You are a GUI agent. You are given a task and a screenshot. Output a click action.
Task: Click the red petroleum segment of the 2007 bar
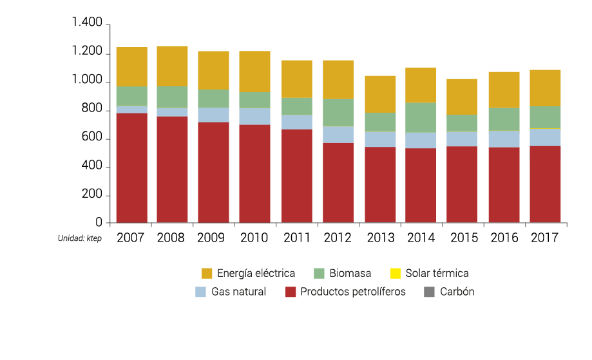tap(131, 168)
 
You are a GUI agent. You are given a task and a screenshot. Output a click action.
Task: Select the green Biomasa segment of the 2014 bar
tap(421, 117)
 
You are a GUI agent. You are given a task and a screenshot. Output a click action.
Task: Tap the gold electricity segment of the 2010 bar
tap(254, 71)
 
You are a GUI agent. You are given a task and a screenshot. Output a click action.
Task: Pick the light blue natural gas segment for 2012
tap(338, 134)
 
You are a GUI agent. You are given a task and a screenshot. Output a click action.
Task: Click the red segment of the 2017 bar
tap(545, 184)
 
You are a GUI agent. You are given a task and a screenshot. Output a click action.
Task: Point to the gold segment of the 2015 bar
tap(462, 97)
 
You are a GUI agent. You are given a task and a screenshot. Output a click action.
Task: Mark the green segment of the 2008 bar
tap(172, 97)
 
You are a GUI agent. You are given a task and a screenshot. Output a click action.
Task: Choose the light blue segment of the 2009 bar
tap(213, 115)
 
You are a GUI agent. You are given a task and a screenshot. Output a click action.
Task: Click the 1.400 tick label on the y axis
tap(87, 24)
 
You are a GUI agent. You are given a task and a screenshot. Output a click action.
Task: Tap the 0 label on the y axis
tap(99, 223)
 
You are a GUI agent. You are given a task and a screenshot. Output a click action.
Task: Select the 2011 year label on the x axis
tap(296, 238)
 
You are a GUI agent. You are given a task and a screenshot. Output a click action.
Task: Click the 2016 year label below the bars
tap(504, 238)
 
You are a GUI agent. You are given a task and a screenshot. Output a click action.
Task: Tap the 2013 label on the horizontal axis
tap(380, 238)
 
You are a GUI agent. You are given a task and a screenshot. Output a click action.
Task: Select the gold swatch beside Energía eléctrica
tap(207, 273)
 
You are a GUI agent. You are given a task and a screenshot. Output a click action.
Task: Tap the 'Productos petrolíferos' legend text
tap(353, 292)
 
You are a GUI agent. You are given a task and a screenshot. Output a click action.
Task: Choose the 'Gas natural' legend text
tap(238, 292)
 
